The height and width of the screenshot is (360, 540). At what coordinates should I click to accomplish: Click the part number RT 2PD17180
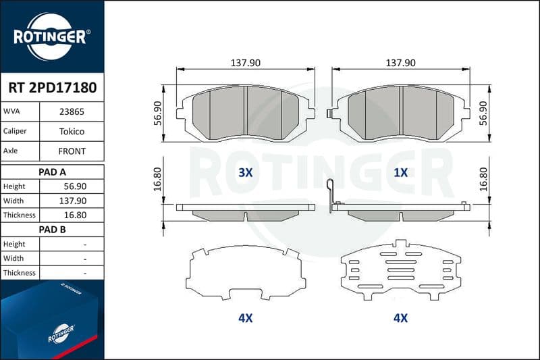[53, 88]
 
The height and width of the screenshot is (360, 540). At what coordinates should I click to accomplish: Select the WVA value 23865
[72, 111]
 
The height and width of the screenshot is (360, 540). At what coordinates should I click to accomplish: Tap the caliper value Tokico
[72, 131]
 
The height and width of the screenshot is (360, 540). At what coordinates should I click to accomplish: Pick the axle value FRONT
[72, 151]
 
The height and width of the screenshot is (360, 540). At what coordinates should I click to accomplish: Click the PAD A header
[52, 172]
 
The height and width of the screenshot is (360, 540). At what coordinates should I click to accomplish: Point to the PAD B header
[52, 230]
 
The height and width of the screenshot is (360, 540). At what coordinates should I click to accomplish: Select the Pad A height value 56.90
[75, 186]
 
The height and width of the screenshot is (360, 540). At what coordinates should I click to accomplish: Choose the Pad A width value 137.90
[73, 201]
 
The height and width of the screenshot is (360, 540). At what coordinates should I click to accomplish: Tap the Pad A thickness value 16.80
[75, 215]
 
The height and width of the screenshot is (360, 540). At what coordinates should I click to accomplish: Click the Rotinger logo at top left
[52, 36]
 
